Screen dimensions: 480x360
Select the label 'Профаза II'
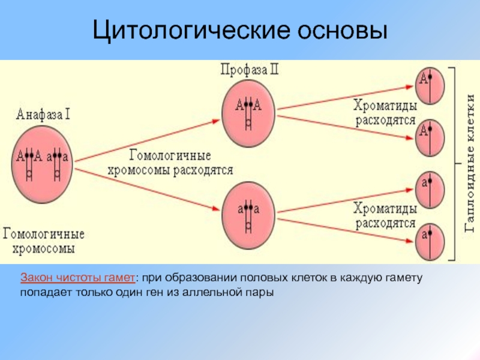tap(249, 71)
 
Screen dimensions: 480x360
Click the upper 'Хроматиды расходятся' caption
tap(385, 112)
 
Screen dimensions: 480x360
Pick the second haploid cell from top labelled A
tap(430, 136)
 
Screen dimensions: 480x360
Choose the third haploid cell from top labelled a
tap(430, 188)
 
